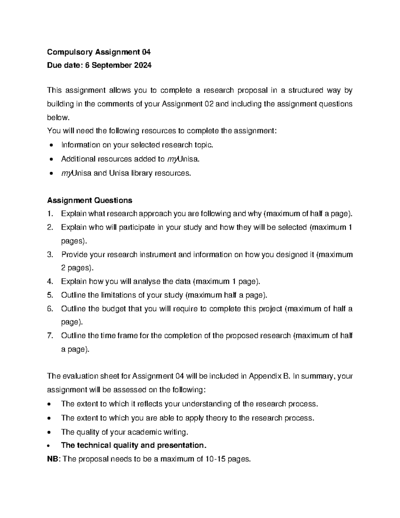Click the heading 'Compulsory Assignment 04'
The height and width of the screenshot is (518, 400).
point(99,52)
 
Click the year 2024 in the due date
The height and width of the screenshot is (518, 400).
point(143,65)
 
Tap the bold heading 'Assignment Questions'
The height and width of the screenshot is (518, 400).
point(90,200)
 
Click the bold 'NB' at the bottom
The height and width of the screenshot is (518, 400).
point(53,459)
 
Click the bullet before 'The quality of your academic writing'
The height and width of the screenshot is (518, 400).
point(50,433)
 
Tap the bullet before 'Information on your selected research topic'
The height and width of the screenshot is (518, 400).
point(51,145)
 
